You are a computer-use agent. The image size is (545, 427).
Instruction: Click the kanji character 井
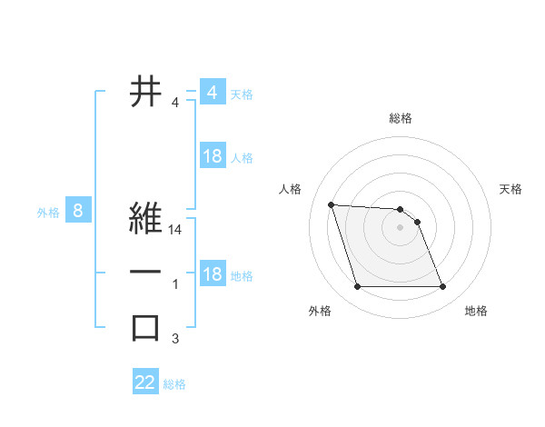pos(146,92)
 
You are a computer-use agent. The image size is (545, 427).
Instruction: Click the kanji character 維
pos(146,219)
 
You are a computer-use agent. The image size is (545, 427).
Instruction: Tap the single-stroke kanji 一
pos(146,273)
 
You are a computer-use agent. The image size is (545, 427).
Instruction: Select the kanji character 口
pos(146,328)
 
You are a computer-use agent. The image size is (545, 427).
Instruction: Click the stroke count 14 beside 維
pos(176,231)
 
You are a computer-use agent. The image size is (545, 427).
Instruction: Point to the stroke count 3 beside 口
pos(175,340)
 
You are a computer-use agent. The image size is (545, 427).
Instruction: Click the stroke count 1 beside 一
pos(175,285)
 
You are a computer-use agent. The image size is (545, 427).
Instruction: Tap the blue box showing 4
pos(212,93)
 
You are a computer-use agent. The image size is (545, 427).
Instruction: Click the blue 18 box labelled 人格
pos(212,156)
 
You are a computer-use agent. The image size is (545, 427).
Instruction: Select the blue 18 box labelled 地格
pos(212,274)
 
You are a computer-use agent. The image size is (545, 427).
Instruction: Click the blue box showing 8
pos(78,212)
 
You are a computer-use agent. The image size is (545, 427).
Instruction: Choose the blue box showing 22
pos(145,382)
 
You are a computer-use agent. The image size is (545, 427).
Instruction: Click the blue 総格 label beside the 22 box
pos(174,384)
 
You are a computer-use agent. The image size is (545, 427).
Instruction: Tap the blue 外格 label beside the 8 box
pos(48,213)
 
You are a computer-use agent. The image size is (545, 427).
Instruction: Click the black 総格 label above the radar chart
pos(401,118)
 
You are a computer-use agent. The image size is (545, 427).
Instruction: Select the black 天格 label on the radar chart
pos(511,189)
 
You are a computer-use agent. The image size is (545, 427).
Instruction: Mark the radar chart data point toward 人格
pos(332,204)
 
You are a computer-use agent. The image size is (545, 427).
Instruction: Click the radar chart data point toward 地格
pos(442,287)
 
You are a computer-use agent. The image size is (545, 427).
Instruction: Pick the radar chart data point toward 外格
pos(357,287)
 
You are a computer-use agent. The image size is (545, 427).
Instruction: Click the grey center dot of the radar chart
pos(400,228)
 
